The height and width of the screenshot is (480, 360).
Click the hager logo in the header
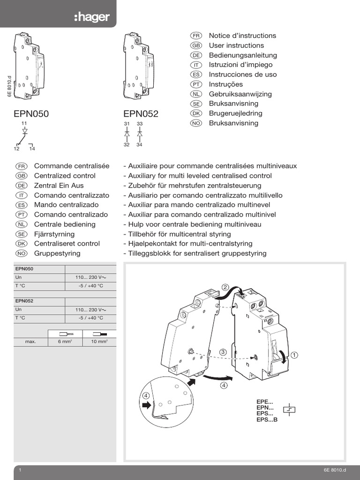point(91,17)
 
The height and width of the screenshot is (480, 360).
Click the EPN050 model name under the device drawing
point(32,113)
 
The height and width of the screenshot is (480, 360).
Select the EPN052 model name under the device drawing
point(141,113)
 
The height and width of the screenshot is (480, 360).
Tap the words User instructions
point(236,45)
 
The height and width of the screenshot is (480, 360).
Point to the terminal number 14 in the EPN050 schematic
point(32,149)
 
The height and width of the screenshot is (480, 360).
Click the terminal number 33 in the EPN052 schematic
point(140,124)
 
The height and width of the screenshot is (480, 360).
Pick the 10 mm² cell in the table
point(99,342)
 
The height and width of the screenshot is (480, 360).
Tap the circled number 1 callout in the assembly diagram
point(294,355)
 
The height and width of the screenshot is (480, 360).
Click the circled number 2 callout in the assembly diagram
point(225,287)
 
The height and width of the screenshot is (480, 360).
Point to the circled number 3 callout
point(223,352)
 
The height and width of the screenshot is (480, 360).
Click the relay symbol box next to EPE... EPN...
point(289,410)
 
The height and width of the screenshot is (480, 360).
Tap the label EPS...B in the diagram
point(267,420)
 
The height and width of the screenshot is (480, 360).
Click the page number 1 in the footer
point(20,470)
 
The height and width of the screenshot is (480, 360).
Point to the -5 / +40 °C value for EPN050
point(90,285)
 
